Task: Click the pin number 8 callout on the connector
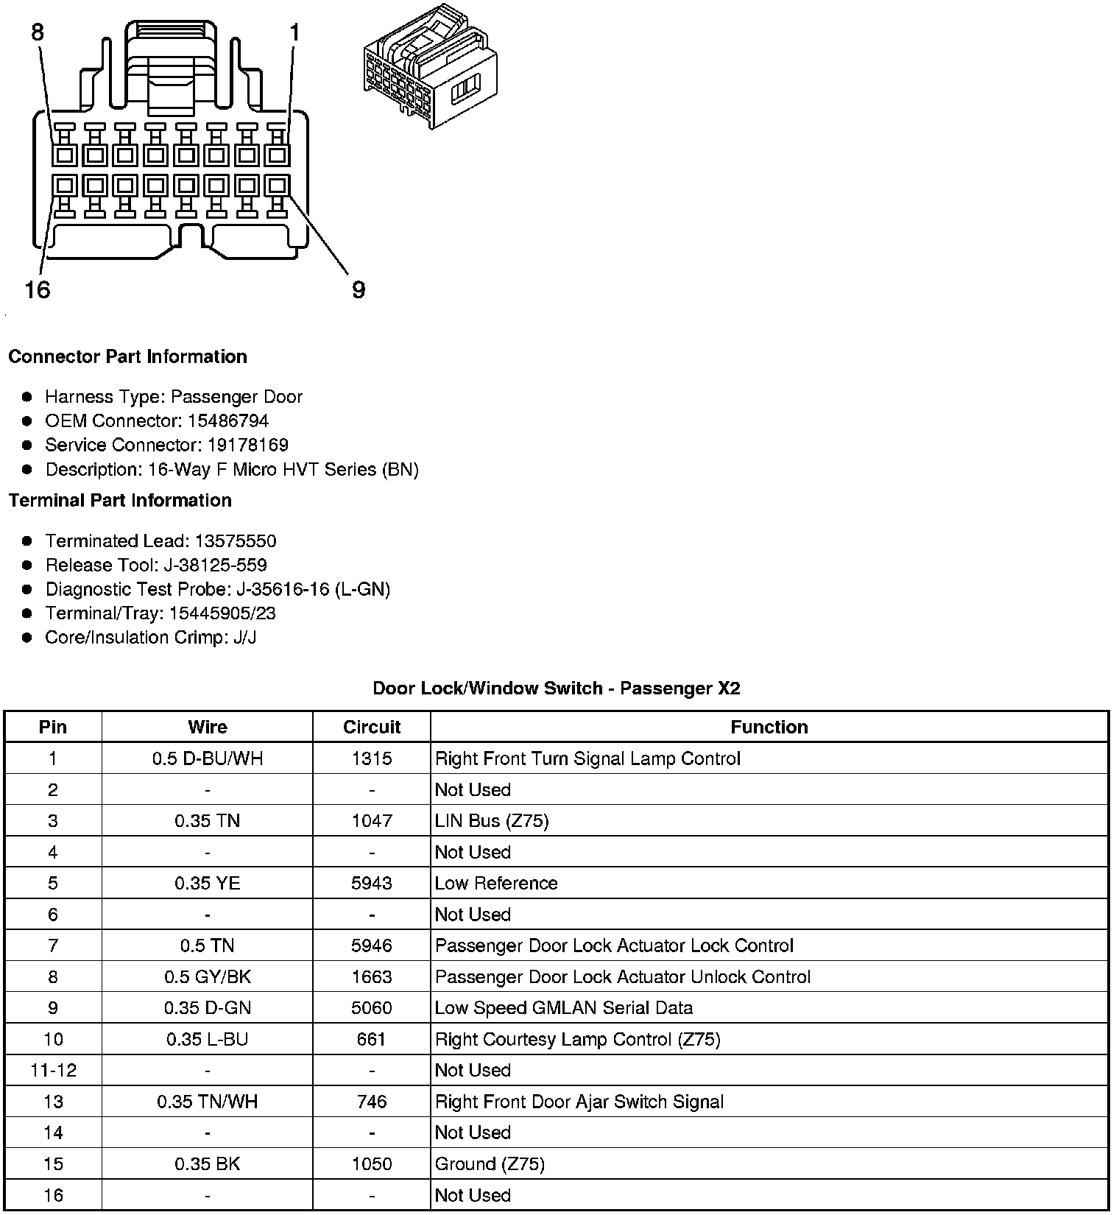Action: pyautogui.click(x=38, y=32)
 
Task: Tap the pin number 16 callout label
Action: pyautogui.click(x=37, y=290)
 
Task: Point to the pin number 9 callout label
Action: pyautogui.click(x=359, y=290)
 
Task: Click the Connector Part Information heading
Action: pyautogui.click(x=127, y=356)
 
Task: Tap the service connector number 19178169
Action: pyautogui.click(x=247, y=445)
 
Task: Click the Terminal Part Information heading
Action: pyautogui.click(x=120, y=500)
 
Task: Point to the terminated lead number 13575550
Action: pyautogui.click(x=236, y=541)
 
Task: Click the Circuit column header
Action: pyautogui.click(x=372, y=727)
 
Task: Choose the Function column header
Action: pyautogui.click(x=769, y=727)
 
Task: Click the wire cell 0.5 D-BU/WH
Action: pyautogui.click(x=208, y=758)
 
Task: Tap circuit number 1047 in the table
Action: pyautogui.click(x=372, y=820)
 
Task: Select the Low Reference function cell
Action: pyautogui.click(x=496, y=883)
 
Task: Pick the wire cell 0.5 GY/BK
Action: pyautogui.click(x=208, y=976)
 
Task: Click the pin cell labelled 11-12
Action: pyautogui.click(x=53, y=1070)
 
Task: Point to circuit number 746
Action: pyautogui.click(x=372, y=1102)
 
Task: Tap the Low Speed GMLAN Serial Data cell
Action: pyautogui.click(x=563, y=1007)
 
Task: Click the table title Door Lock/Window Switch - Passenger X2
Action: pyautogui.click(x=557, y=688)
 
